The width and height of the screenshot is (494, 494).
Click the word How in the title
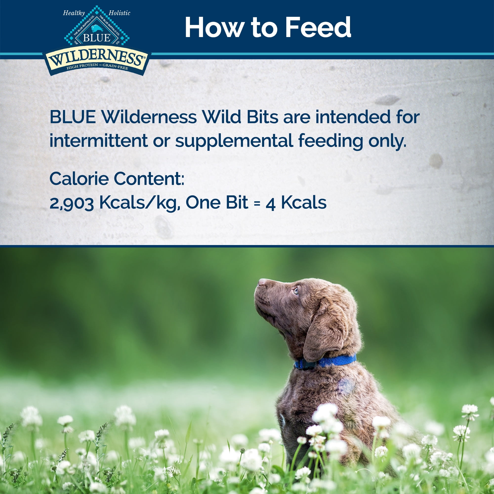click(214, 27)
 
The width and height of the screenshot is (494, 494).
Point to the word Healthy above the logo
click(74, 13)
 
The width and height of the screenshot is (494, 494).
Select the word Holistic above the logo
click(119, 13)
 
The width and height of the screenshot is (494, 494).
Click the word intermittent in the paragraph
click(99, 141)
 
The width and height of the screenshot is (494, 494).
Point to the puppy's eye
click(296, 291)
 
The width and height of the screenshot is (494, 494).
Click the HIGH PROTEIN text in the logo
click(82, 66)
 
